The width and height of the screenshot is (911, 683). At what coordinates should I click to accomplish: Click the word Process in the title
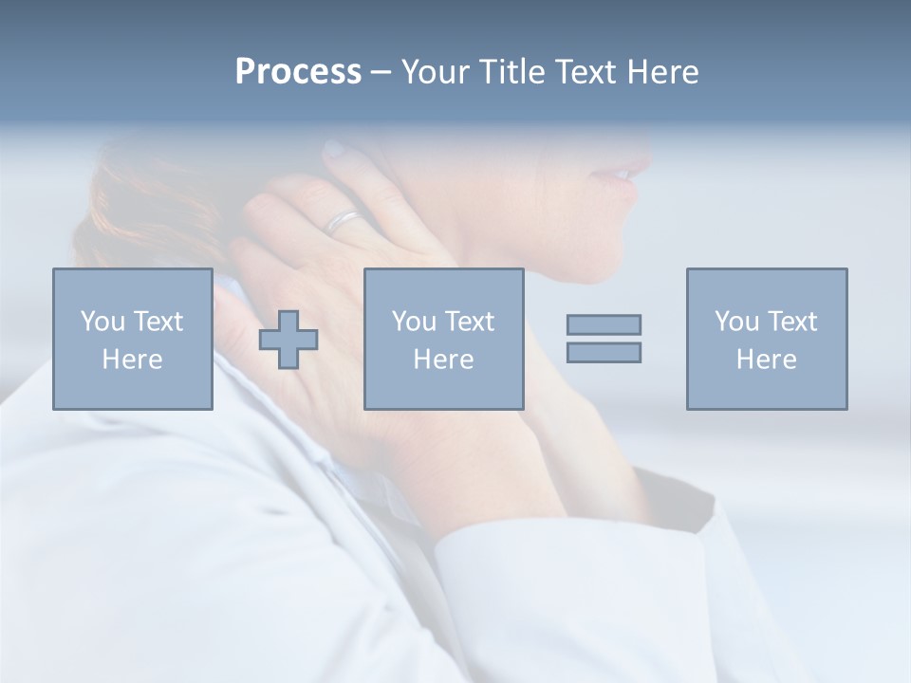[x=298, y=72]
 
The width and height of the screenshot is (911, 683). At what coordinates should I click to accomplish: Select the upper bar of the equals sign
[x=604, y=324]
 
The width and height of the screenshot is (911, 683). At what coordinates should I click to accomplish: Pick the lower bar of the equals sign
[x=604, y=352]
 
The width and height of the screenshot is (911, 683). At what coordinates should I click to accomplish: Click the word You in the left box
[x=102, y=322]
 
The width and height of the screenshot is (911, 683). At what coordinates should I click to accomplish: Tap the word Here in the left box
[x=132, y=360]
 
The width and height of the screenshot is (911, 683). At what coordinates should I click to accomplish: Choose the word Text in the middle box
[x=469, y=322]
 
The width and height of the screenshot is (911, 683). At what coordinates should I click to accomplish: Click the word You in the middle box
[x=413, y=322]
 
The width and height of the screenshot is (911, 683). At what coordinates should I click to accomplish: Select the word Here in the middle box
[x=443, y=360]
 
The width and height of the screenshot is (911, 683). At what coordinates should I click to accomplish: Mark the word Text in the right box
[x=791, y=322]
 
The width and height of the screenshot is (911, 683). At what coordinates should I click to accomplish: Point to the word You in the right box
[x=735, y=322]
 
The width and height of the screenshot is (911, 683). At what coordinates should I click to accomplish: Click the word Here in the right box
[x=766, y=360]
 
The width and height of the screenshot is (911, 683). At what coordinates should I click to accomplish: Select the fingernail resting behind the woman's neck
[x=334, y=149]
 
